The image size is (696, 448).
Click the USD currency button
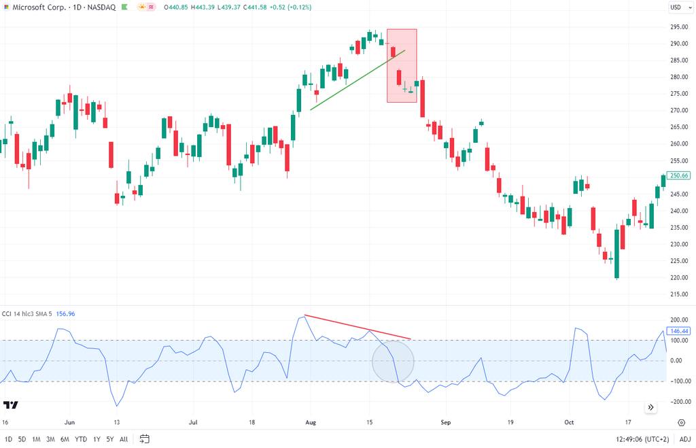pos(676,7)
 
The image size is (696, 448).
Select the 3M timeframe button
pos(50,438)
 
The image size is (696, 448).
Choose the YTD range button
pos(81,438)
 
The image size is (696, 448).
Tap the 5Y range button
pos(110,438)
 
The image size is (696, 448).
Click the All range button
pos(124,438)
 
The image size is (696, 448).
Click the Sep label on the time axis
pos(446,421)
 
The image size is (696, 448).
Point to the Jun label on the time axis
pos(69,421)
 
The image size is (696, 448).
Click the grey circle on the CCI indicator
pos(393,361)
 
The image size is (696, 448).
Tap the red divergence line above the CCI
pos(358,326)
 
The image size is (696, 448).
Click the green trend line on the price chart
pos(358,80)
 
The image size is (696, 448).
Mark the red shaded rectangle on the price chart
pos(402,66)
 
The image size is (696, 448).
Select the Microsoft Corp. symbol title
pos(35,7)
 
